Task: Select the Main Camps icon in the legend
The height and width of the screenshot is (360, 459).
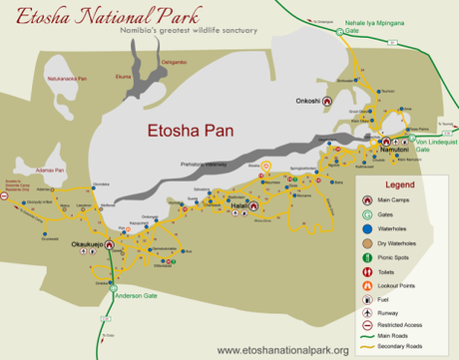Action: (x=371, y=200)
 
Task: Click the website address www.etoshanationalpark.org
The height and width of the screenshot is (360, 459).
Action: (x=282, y=350)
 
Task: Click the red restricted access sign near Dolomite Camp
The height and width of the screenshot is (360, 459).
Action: (x=7, y=197)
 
